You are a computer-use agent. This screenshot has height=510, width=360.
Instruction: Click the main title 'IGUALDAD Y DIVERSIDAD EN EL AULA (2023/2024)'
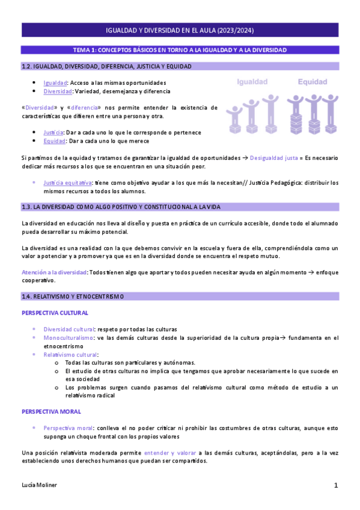pyautogui.click(x=180, y=31)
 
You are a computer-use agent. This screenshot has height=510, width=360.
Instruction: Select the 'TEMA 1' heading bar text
pyautogui.click(x=180, y=50)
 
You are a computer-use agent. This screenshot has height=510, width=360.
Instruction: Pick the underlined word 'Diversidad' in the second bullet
pyautogui.click(x=58, y=91)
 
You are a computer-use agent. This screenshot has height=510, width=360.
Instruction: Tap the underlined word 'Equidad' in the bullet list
pyautogui.click(x=54, y=141)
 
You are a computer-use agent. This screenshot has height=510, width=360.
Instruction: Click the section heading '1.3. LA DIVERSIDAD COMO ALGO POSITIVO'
pyautogui.click(x=120, y=207)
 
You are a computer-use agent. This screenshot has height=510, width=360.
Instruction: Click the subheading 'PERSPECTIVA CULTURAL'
pyautogui.click(x=55, y=313)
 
